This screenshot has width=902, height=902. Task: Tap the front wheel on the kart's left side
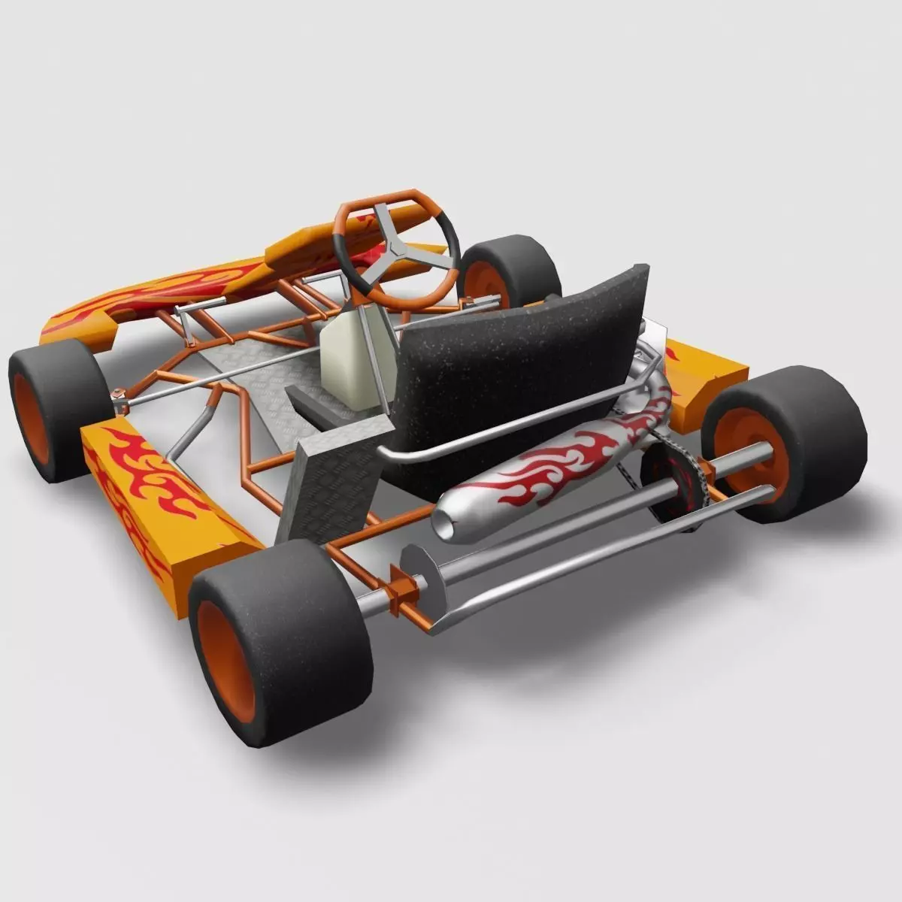pos(53,406)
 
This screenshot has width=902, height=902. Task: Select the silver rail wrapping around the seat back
pos(511,432)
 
